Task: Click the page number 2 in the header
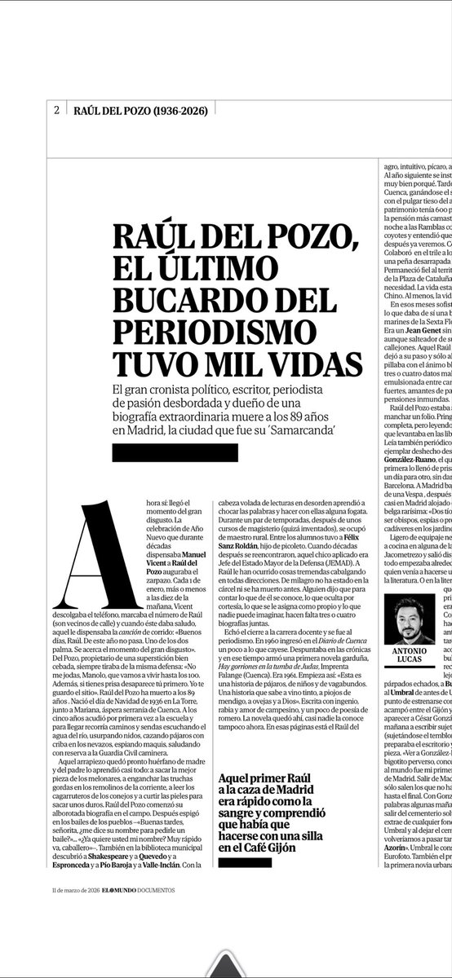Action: [x=55, y=110]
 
